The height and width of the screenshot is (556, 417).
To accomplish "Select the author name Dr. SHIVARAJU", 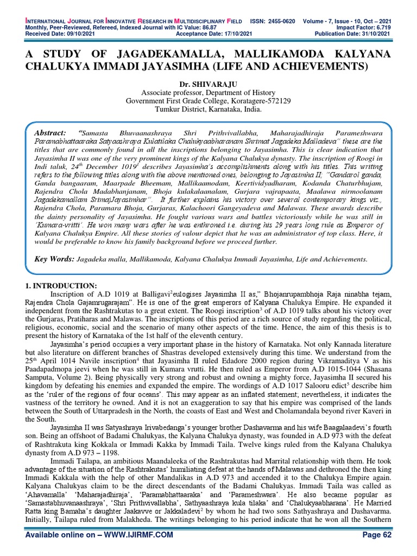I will pos(208,84).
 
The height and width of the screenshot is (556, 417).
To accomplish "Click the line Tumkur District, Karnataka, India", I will pos(208,109).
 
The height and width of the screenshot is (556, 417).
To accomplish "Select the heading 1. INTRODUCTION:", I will pos(61,286).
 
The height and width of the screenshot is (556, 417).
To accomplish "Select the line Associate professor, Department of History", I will pos(208,92).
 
